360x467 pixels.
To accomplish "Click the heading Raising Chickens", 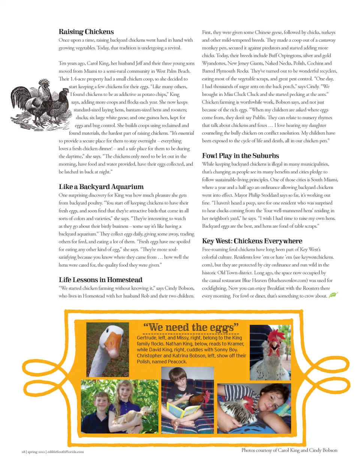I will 86,32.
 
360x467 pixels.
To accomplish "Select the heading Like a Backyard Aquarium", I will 101,187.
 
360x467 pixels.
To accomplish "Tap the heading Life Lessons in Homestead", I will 100,280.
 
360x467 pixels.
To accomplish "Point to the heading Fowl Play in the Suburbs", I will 240,156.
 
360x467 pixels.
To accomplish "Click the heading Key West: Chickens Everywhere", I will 252,241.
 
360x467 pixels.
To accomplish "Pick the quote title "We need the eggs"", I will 191,327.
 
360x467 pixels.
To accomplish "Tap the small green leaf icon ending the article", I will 333,295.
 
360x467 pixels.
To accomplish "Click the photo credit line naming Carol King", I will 289,450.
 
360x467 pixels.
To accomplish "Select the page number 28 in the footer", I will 23,452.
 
